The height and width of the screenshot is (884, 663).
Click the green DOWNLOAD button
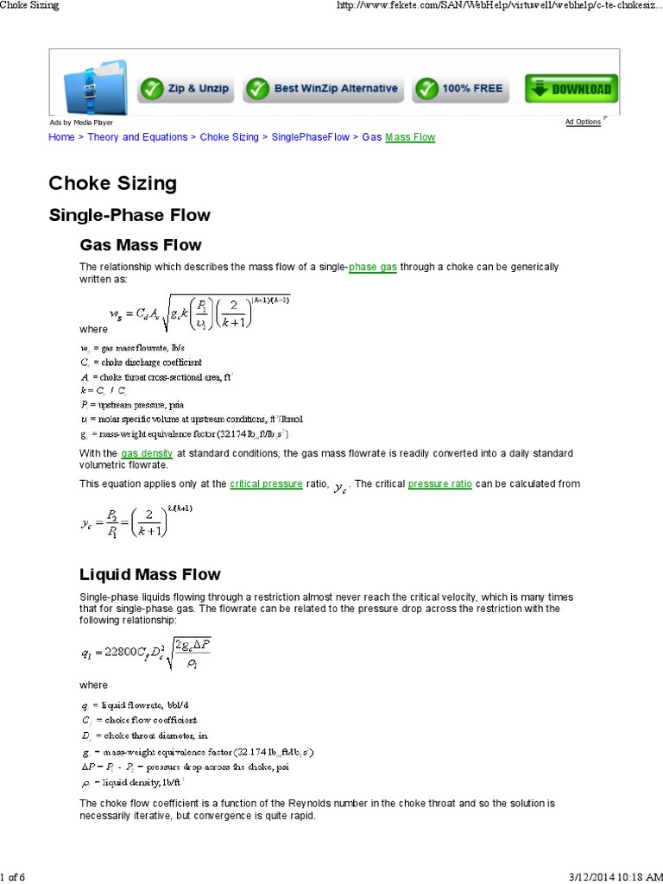tap(571, 88)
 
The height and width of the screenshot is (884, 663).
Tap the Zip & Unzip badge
tap(186, 88)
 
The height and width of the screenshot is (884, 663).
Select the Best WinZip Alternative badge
tap(324, 88)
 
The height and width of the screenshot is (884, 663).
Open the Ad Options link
tap(583, 122)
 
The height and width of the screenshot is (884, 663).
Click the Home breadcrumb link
tap(61, 137)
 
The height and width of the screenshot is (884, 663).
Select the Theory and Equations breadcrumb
tap(137, 137)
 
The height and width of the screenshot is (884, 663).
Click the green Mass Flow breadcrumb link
tap(410, 137)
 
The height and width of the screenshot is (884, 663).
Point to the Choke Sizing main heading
tap(112, 183)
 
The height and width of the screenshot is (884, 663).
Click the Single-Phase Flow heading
tap(129, 215)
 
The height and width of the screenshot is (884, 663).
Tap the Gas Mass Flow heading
tap(141, 245)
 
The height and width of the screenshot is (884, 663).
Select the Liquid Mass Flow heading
tap(150, 575)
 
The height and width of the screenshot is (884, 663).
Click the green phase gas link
tap(373, 268)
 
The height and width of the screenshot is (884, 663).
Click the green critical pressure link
tap(266, 483)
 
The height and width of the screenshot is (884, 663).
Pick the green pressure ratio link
tap(439, 483)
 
